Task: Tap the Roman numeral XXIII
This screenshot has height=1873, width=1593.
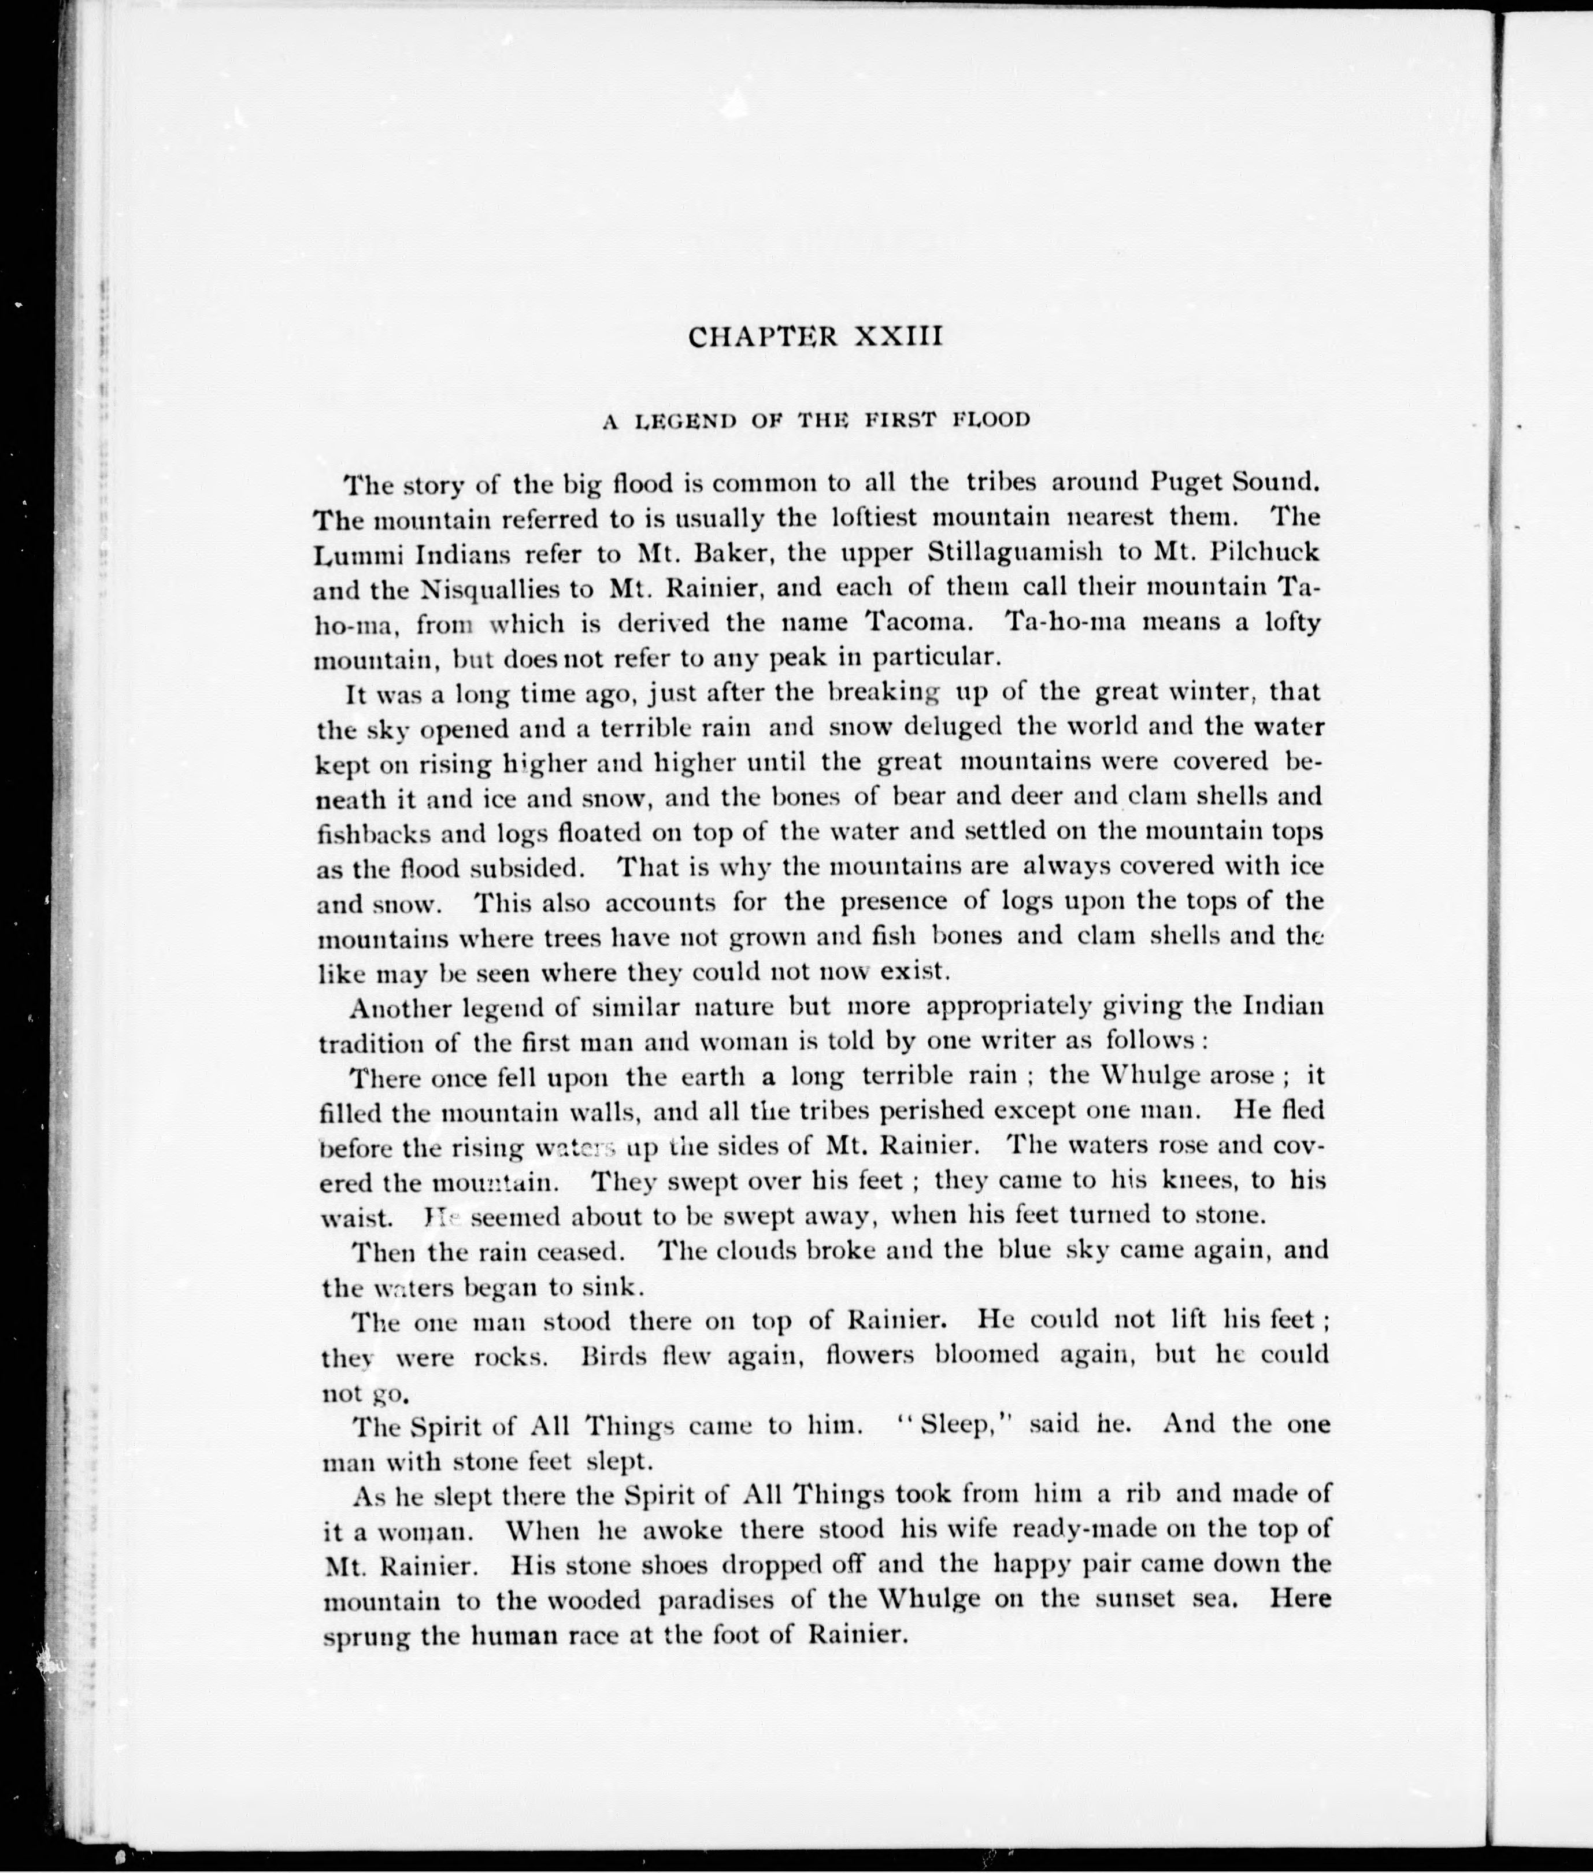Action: (x=898, y=337)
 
